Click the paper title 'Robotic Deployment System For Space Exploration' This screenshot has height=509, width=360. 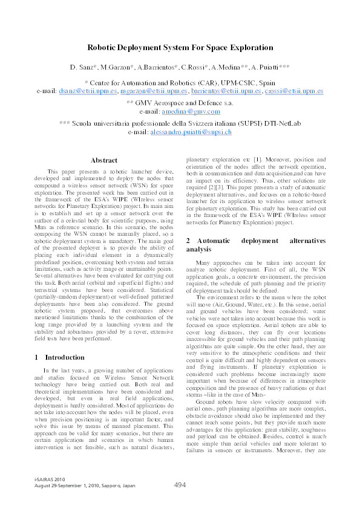tap(180, 47)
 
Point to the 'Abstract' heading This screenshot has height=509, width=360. tap(103, 160)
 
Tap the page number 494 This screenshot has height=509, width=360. tap(180, 484)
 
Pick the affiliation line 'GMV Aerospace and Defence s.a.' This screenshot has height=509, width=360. tap(180, 103)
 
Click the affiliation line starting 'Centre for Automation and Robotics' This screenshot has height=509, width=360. tap(180, 82)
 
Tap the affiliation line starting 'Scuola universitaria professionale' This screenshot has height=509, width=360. tap(180, 123)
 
